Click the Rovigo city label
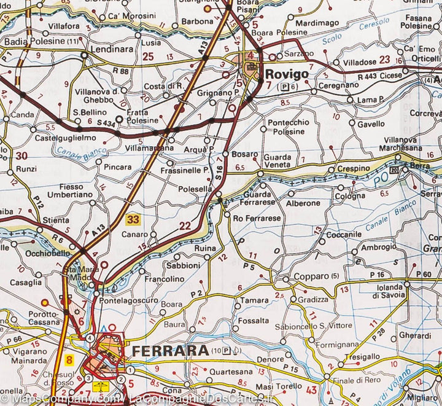coord(287,74)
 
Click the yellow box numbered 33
coord(133,218)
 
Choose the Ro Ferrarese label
coord(257,218)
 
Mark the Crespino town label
coord(354,168)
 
